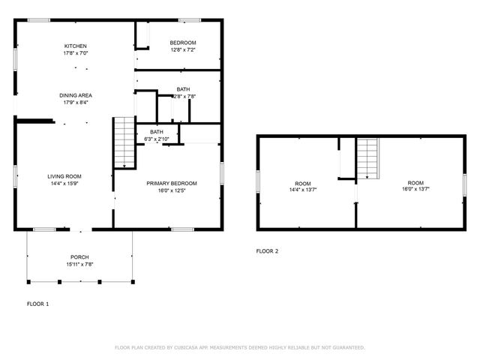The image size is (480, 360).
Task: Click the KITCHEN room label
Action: (x=75, y=46)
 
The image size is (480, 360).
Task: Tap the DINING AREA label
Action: (x=75, y=95)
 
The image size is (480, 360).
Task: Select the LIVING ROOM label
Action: (x=63, y=175)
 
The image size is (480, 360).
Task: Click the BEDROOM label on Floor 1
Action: (x=182, y=43)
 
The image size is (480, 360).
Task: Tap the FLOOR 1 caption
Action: (x=37, y=304)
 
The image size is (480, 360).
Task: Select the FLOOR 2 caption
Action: (x=267, y=251)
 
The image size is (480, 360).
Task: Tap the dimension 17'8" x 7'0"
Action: (x=75, y=53)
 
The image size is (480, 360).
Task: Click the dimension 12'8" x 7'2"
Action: (x=182, y=50)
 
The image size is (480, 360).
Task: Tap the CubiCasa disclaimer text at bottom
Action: (x=239, y=347)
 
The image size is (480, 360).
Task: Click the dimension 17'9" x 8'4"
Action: (x=75, y=103)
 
